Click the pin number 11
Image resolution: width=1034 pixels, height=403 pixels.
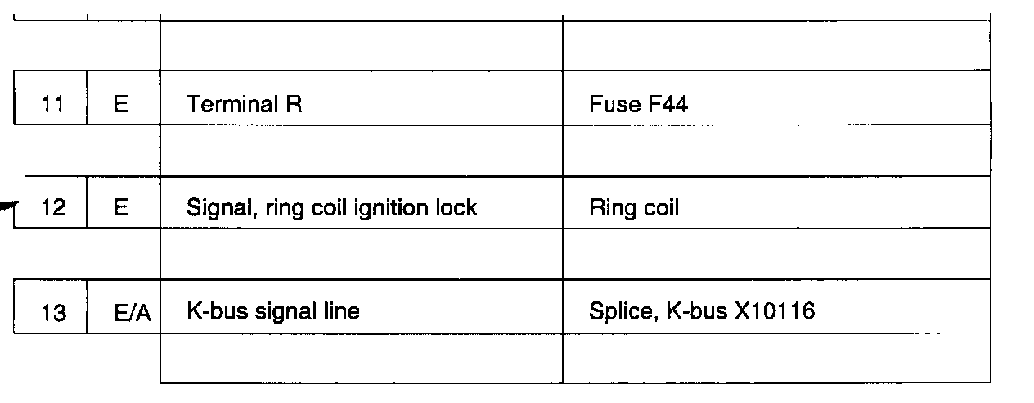(52, 105)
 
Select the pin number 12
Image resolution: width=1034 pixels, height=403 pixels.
(53, 208)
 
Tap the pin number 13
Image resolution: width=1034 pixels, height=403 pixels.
(53, 312)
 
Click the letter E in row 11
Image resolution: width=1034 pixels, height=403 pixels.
(122, 105)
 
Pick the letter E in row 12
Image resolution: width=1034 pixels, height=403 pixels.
(122, 208)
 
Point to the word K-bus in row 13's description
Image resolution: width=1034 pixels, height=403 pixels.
(214, 312)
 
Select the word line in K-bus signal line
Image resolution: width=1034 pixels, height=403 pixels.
(341, 312)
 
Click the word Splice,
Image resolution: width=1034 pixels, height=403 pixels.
(619, 312)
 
